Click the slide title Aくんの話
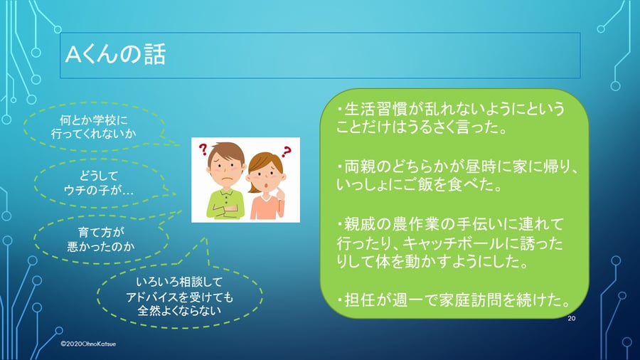(115, 55)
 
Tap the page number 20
(572, 318)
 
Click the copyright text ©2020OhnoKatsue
(88, 344)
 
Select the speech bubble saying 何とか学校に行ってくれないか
(94, 127)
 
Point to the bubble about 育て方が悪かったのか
(101, 239)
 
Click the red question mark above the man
(203, 149)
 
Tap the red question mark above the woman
(287, 152)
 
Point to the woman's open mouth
(266, 186)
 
